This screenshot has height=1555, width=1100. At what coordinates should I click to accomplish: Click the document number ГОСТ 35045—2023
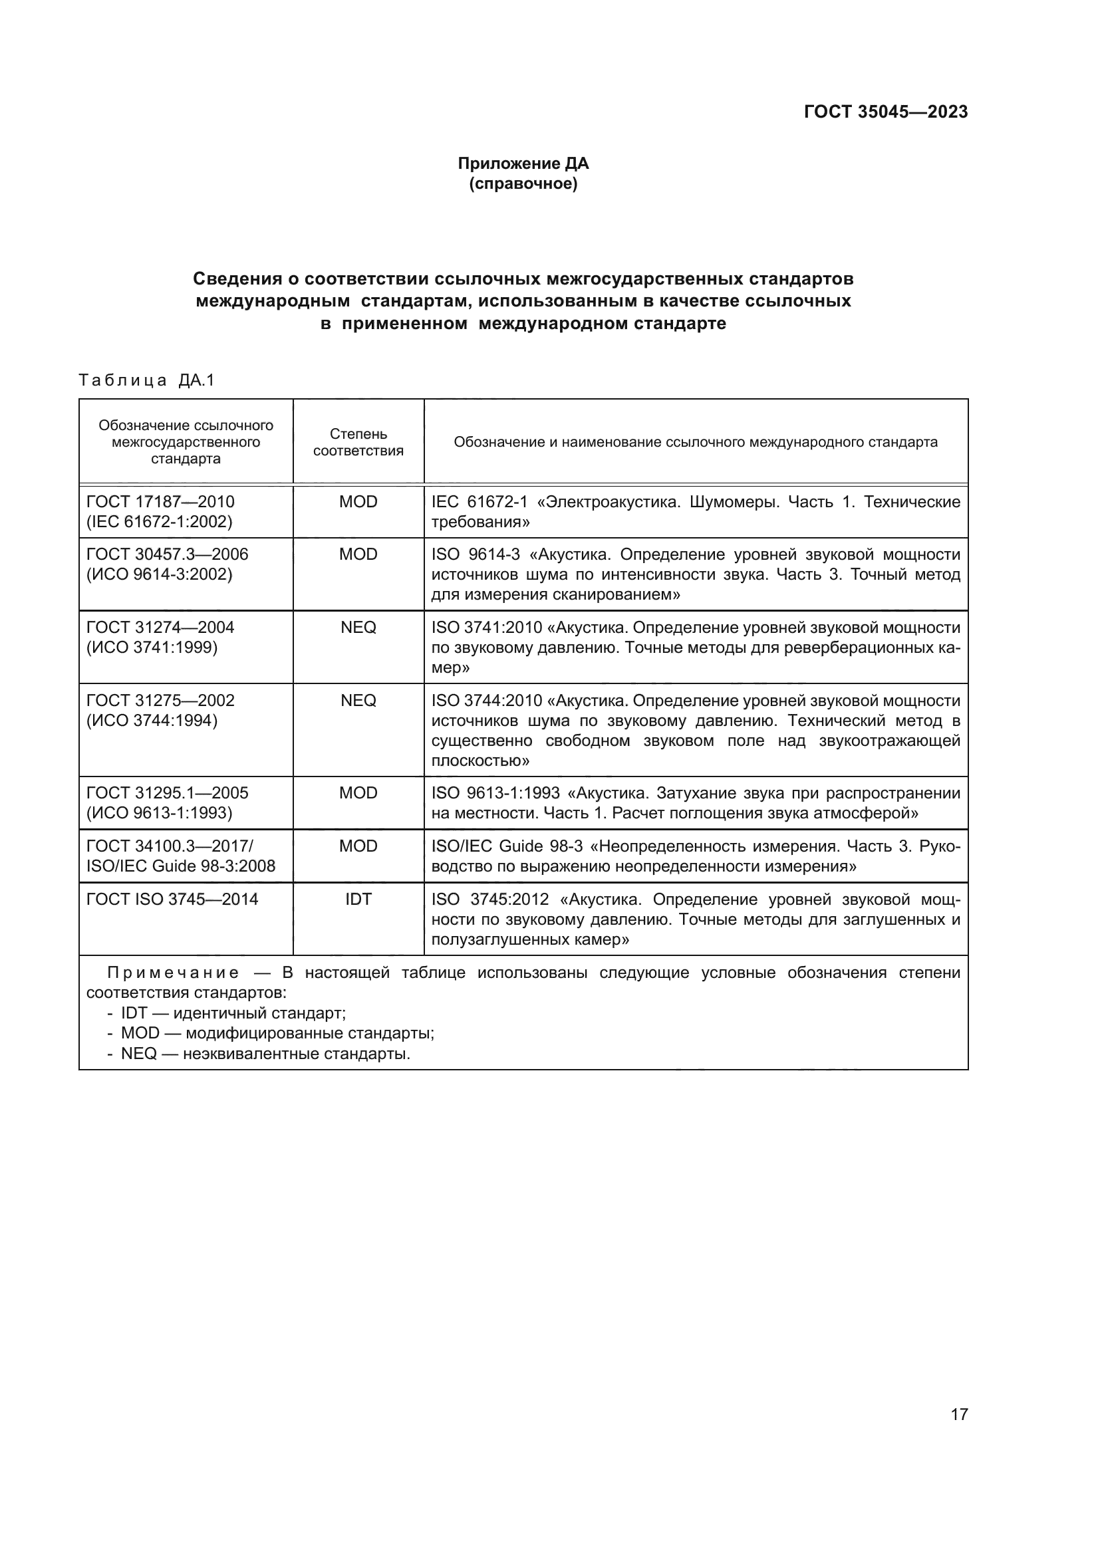pyautogui.click(x=885, y=112)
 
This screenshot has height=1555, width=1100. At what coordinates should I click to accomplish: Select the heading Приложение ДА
pyautogui.click(x=523, y=164)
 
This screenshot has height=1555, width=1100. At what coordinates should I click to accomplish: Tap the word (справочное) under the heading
pyautogui.click(x=523, y=183)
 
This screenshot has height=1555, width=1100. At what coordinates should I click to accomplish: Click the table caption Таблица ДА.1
pyautogui.click(x=146, y=380)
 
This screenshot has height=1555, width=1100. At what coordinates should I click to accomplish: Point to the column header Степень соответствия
pyautogui.click(x=358, y=442)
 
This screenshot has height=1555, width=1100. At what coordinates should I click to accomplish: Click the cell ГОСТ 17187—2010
pyautogui.click(x=160, y=502)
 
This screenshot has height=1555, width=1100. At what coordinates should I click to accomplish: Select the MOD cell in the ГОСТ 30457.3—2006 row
pyautogui.click(x=358, y=554)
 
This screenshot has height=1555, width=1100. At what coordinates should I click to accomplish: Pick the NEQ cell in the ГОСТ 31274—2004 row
pyautogui.click(x=358, y=627)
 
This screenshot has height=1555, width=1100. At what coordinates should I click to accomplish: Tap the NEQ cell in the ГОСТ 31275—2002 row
pyautogui.click(x=358, y=700)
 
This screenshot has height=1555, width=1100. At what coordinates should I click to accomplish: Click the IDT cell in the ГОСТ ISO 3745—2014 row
pyautogui.click(x=358, y=899)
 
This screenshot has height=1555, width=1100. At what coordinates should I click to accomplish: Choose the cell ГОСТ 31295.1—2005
pyautogui.click(x=168, y=792)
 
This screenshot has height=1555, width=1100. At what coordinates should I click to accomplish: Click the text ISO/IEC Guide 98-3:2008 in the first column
pyautogui.click(x=181, y=866)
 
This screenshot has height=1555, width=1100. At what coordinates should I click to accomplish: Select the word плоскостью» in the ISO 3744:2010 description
pyautogui.click(x=480, y=761)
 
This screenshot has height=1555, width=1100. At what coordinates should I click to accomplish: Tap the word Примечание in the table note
pyautogui.click(x=174, y=973)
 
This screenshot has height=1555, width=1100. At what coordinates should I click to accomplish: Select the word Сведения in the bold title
pyautogui.click(x=236, y=279)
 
